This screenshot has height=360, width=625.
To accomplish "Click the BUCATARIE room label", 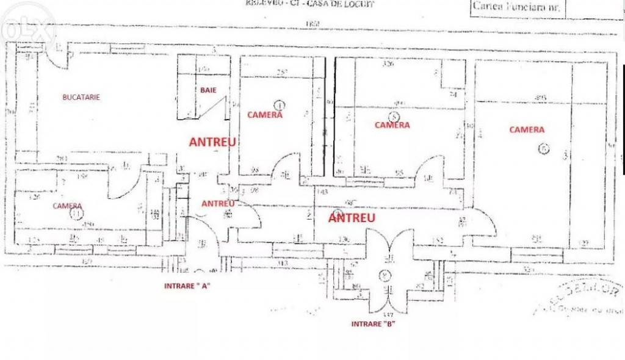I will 81,97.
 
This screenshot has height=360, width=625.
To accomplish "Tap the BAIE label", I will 208,90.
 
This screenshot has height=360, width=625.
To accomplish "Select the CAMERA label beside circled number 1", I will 264,115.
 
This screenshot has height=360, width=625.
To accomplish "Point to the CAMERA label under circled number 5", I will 392,125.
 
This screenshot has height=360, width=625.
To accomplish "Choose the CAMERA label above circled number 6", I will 526,129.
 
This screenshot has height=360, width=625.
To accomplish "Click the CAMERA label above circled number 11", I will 67,206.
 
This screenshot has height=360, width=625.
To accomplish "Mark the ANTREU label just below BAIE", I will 212,142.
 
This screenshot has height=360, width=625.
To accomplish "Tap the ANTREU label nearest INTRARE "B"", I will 352,217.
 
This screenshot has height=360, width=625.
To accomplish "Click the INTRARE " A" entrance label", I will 187,286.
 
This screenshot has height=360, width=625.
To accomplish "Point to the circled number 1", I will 279,105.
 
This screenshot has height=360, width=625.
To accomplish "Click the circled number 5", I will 394,116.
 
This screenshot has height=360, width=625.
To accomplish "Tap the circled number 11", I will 76,214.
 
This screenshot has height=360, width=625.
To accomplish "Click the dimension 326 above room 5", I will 387,63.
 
